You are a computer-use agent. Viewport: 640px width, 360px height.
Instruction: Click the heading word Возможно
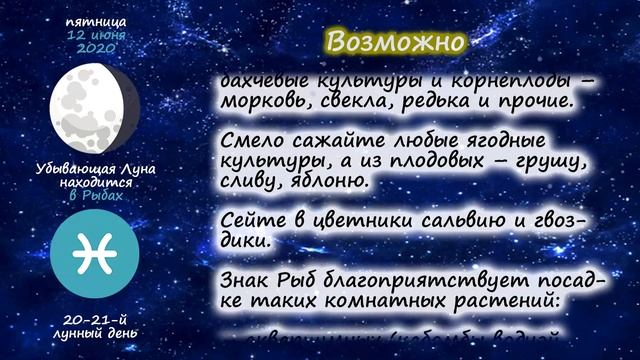pos(397,42)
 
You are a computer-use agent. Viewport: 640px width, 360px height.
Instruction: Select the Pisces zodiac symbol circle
pos(95,254)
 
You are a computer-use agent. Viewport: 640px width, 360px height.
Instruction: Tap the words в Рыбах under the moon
pos(96,195)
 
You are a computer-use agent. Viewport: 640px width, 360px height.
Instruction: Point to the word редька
pos(445,101)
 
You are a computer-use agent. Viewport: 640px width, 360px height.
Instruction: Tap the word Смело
pos(249,140)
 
